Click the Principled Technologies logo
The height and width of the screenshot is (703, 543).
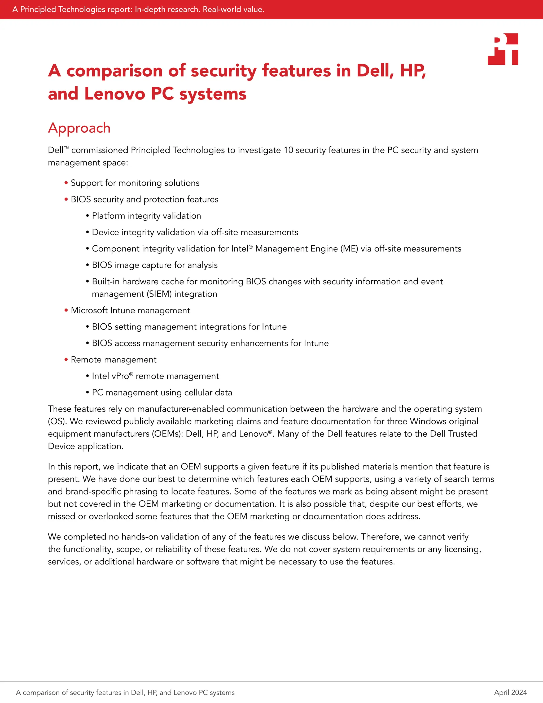(503, 49)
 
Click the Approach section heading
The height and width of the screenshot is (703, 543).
(79, 128)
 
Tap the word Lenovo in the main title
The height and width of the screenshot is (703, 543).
(115, 94)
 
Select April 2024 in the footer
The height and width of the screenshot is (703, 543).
(510, 692)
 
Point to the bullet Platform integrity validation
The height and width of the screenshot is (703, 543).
(146, 216)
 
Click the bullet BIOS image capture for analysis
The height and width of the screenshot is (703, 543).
(155, 265)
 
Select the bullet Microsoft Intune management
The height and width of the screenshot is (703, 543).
(130, 310)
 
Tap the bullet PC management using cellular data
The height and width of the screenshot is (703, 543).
(162, 392)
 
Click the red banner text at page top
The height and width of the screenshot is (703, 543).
(138, 9)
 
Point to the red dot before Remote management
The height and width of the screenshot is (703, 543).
(66, 359)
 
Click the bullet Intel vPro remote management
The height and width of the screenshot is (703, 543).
(155, 376)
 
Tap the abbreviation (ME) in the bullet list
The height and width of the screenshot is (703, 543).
(349, 249)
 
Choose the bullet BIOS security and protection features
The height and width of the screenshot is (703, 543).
(144, 199)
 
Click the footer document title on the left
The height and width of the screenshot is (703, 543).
(125, 692)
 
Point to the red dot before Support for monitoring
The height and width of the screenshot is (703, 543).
(66, 183)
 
